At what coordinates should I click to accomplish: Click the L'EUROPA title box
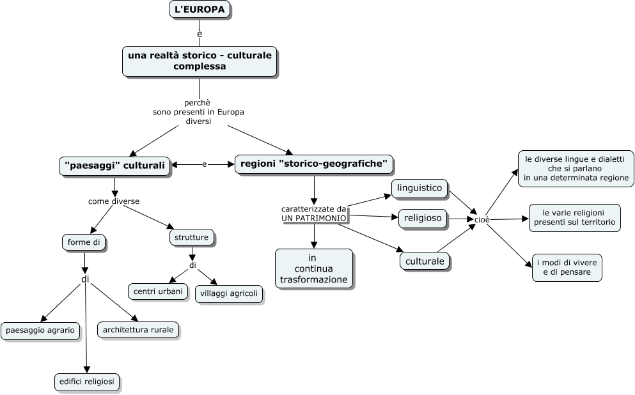[x=199, y=10]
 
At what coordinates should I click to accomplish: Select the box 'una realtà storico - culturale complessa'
[x=200, y=61]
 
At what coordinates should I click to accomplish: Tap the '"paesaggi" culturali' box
[x=115, y=166]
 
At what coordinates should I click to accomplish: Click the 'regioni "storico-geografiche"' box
[x=314, y=164]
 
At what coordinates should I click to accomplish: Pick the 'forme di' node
[x=84, y=242]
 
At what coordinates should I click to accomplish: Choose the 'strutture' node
[x=191, y=238]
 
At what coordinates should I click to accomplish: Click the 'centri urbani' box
[x=158, y=291]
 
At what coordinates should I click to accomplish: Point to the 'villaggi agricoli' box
[x=228, y=294]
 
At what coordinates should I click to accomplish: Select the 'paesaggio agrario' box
[x=40, y=330]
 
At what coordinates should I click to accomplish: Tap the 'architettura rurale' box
[x=137, y=330]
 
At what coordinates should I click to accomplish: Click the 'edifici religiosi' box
[x=86, y=382]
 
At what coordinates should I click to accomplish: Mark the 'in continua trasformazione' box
[x=313, y=269]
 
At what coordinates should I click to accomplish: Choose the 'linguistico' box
[x=419, y=188]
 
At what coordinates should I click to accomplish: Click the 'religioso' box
[x=423, y=219]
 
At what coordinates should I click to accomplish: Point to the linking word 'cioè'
[x=482, y=219]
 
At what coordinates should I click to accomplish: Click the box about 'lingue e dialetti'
[x=576, y=169]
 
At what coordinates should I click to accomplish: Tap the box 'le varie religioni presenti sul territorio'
[x=574, y=217]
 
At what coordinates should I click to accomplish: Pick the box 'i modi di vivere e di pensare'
[x=567, y=267]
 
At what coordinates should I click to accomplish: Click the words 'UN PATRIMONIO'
[x=314, y=218]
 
